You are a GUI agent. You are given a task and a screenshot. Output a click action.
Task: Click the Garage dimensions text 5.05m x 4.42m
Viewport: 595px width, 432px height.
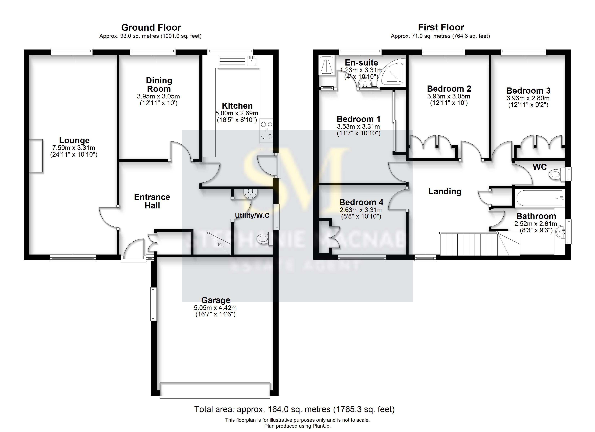(x=215, y=308)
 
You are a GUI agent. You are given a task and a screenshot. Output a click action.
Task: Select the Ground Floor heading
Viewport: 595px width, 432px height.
(x=151, y=27)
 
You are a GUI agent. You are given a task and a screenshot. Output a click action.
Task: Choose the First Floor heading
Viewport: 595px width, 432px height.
(x=441, y=27)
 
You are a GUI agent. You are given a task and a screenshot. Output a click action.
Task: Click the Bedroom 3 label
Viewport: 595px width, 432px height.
(x=528, y=91)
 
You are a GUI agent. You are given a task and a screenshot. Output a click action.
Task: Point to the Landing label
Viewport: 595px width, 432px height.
(x=445, y=192)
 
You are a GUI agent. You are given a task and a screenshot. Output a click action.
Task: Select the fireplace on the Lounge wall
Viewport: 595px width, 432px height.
(x=36, y=156)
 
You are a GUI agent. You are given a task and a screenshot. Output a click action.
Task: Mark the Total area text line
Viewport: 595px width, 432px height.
(x=294, y=409)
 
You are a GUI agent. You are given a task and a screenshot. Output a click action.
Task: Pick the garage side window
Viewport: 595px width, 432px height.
(x=153, y=304)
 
